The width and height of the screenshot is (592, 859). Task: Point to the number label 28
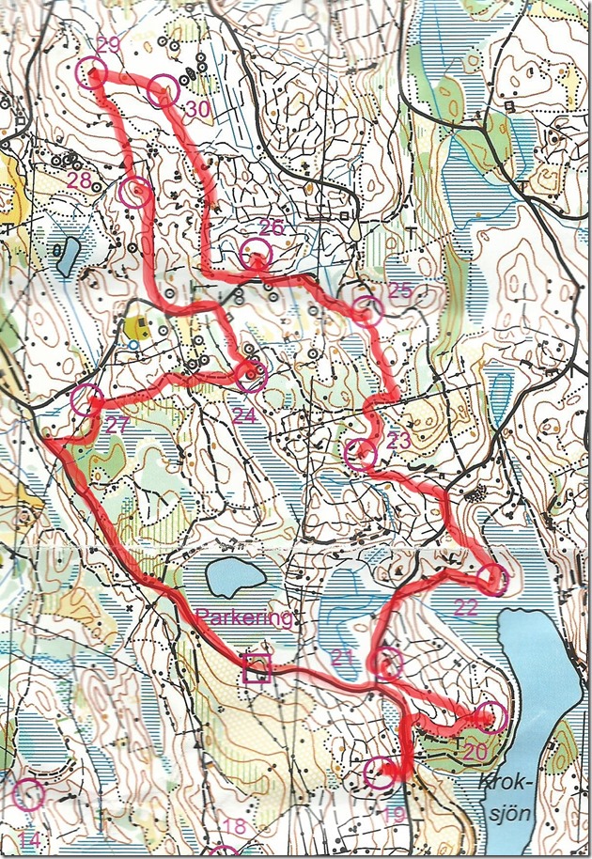pos(82,180)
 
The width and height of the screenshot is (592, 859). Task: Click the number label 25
pos(399,290)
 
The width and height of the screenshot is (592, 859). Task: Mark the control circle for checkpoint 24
pos(251,377)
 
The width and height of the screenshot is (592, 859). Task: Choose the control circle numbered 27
pos(86,400)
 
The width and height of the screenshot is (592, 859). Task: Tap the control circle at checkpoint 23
pos(360,455)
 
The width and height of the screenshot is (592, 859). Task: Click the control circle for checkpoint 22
pos(493,580)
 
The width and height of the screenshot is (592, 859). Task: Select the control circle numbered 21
pos(387,664)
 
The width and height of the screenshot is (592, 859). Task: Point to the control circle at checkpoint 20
pos(491,718)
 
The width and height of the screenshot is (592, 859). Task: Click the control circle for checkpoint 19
pos(379,773)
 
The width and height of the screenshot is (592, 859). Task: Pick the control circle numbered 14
pos(29,794)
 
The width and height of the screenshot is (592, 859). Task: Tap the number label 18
pos(235,827)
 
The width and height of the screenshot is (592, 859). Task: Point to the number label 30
pos(196,110)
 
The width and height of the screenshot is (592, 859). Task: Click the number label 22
pos(466,607)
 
